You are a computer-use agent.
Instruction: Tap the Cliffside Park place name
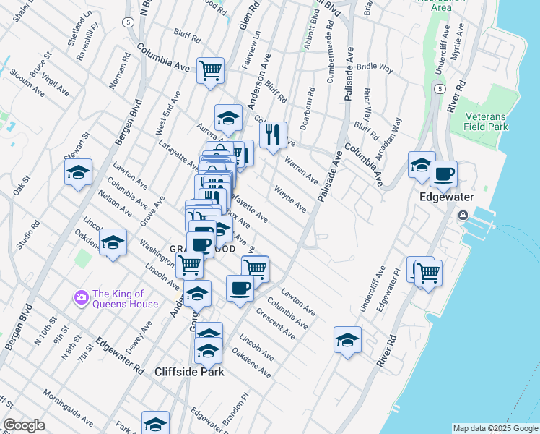(189, 372)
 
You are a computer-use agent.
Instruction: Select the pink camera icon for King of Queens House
(81, 297)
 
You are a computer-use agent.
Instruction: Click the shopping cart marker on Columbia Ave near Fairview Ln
(210, 71)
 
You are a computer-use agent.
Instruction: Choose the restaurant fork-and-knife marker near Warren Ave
(272, 135)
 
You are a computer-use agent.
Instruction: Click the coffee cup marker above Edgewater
(444, 174)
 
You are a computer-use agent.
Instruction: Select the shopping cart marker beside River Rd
(428, 273)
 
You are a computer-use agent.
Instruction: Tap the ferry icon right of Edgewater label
(463, 216)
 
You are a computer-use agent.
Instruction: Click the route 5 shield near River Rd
(439, 88)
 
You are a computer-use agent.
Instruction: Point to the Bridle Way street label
(374, 67)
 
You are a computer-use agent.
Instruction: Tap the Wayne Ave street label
(290, 200)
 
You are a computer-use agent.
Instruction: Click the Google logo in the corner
(24, 425)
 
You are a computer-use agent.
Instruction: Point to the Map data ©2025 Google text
(495, 428)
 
